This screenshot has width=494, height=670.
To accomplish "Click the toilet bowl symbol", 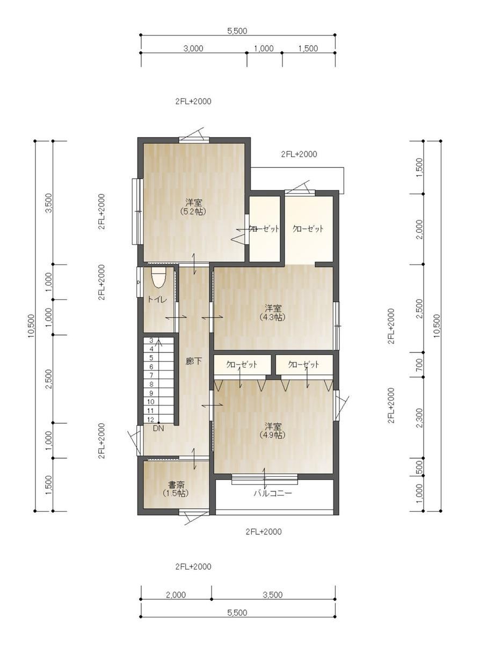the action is (159, 277).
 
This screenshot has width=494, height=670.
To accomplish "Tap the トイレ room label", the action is (157, 299).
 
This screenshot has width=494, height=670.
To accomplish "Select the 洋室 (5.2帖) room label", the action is (193, 207).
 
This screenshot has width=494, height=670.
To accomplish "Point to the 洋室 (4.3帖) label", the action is (273, 313).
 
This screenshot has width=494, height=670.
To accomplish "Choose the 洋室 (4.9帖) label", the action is (273, 430).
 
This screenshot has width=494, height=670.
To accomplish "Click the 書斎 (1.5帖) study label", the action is (176, 489).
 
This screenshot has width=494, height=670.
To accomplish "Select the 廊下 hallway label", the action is (193, 362).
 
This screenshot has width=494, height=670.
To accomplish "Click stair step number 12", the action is (150, 419).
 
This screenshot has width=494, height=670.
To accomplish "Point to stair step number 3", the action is (151, 340).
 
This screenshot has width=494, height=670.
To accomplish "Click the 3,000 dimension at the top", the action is (193, 48).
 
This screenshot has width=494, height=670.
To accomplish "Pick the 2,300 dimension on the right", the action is (419, 418).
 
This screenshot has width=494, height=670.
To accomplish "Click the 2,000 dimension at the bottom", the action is (176, 595).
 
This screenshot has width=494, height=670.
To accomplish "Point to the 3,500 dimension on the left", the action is (48, 203).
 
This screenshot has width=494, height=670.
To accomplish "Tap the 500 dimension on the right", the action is (419, 466).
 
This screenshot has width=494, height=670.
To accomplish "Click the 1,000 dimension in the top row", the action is (264, 48).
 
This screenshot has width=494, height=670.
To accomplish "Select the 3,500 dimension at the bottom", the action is (273, 595).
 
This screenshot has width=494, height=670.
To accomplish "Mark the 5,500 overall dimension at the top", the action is (237, 31).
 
